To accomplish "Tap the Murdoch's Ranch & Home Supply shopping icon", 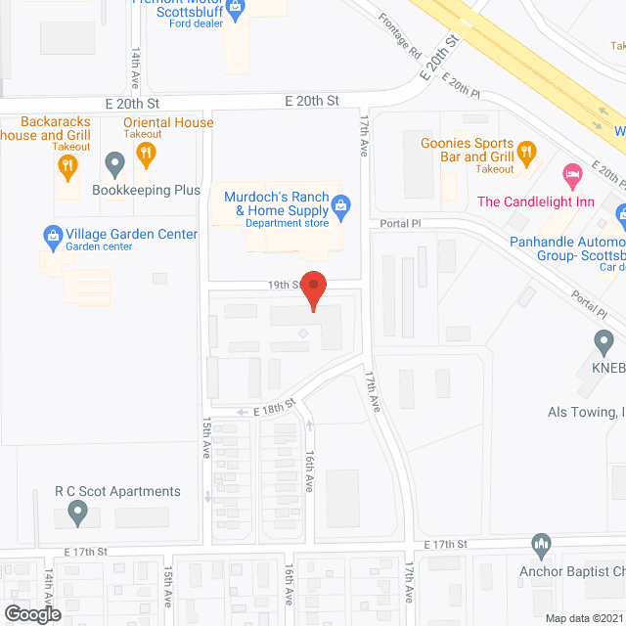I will (x=341, y=204).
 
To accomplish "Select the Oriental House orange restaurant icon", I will (x=146, y=152).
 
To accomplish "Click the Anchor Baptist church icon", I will (x=541, y=544).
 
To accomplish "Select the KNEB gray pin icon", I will (x=604, y=342).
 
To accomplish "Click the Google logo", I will (x=32, y=613).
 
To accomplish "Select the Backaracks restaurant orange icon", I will (x=67, y=166).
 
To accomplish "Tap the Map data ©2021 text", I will (x=583, y=617).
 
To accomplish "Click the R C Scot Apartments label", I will (x=118, y=491).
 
